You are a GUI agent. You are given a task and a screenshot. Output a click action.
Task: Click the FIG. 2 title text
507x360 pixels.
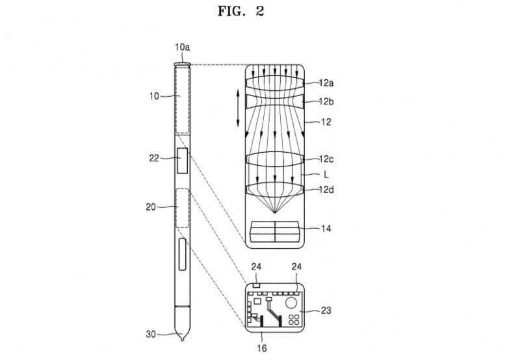pos(241,11)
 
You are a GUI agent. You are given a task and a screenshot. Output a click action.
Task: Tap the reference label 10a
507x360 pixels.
pos(183,47)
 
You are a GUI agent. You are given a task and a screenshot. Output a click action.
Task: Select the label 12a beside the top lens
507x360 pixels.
pos(326,83)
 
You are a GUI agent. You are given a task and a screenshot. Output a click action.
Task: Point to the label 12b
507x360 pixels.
pos(326,101)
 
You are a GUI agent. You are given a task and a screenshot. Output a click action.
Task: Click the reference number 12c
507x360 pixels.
pos(326,159)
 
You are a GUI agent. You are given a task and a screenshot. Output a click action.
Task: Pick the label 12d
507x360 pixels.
pos(326,190)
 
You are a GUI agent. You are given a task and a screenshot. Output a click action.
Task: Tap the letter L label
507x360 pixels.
pos(326,175)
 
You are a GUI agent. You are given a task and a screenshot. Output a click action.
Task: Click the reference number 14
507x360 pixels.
pos(326,229)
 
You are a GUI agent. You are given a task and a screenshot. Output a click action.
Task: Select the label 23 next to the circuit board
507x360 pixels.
pos(326,311)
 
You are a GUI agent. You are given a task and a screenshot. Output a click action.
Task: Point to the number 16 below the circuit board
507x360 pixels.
pos(262,348)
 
